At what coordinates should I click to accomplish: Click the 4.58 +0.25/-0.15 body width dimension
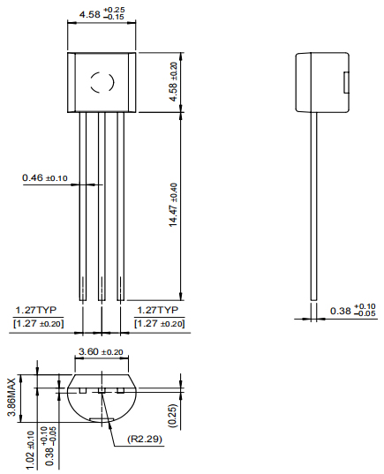coord(102,15)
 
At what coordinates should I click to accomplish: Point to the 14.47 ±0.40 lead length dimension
coord(173,205)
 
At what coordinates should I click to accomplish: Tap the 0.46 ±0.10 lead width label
coord(45,178)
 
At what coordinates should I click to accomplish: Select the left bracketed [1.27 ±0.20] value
coord(39,324)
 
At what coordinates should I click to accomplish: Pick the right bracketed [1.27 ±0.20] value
coord(160,324)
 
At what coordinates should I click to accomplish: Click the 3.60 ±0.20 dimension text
coord(101,352)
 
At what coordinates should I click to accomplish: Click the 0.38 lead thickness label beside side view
coord(352,311)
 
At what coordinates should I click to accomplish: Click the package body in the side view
coord(320,82)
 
